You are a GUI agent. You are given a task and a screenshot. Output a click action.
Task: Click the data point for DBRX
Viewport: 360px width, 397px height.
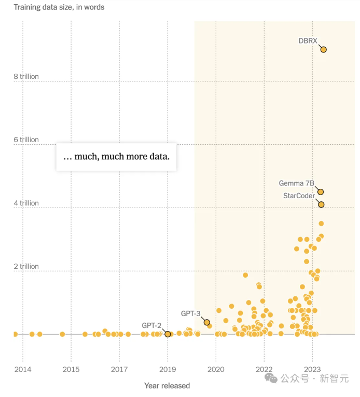(323, 49)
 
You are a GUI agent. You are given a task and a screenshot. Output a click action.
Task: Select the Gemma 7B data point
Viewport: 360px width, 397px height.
(321, 192)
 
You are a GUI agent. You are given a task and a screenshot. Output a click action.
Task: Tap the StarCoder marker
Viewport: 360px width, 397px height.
(321, 204)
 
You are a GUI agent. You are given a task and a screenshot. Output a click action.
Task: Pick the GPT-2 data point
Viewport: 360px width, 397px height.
(168, 334)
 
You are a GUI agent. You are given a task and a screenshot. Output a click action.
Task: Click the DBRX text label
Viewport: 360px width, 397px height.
(308, 40)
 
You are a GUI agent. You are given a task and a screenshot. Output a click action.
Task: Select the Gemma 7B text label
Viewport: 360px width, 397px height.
(296, 183)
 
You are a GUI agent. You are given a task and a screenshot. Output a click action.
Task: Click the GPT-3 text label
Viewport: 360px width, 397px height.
(190, 313)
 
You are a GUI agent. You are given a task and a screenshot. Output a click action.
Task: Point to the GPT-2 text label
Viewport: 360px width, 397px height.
(151, 325)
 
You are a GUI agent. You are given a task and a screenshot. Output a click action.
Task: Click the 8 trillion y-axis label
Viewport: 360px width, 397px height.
(26, 77)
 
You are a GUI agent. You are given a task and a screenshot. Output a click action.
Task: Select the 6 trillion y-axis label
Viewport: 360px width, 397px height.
(26, 140)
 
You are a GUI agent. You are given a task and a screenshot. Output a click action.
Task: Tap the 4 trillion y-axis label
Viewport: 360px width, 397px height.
(26, 203)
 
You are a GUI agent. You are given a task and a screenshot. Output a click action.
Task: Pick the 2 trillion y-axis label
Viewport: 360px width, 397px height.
(26, 266)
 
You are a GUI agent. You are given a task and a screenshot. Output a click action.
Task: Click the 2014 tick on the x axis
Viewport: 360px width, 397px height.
(23, 369)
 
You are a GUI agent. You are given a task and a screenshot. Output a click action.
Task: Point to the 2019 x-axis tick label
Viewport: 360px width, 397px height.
(168, 369)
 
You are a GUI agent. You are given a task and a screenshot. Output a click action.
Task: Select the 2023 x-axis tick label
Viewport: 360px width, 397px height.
(312, 369)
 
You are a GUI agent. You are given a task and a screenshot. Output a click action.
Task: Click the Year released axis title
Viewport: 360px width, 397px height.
(167, 386)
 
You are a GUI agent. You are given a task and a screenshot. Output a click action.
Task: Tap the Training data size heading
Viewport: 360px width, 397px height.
(59, 7)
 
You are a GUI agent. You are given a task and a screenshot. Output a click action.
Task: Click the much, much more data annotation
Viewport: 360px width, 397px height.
(116, 156)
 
